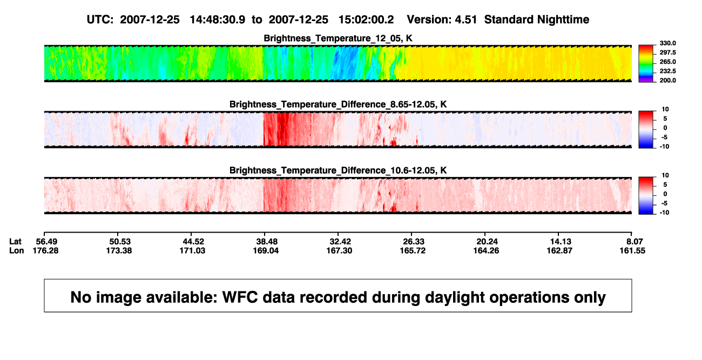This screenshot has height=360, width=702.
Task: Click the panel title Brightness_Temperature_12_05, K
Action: pyautogui.click(x=338, y=38)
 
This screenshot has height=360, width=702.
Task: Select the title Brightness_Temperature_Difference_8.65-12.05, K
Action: pyautogui.click(x=338, y=104)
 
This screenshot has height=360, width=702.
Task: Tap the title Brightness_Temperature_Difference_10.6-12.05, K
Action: pyautogui.click(x=338, y=171)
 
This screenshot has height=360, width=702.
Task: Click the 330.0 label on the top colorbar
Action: pyautogui.click(x=667, y=43)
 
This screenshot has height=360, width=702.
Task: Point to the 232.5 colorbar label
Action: pyautogui.click(x=667, y=71)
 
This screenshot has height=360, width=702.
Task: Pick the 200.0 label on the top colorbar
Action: pyautogui.click(x=667, y=80)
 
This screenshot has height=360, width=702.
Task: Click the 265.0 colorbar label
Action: pyautogui.click(x=667, y=62)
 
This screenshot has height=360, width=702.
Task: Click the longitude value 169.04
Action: pyautogui.click(x=266, y=250)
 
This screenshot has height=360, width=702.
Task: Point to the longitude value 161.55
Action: pyautogui.click(x=632, y=250)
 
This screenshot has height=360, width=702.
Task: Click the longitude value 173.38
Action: pyautogui.click(x=119, y=250)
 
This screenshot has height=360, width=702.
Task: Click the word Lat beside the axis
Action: pyautogui.click(x=15, y=242)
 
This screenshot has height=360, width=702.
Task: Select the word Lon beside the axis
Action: pyautogui.click(x=16, y=250)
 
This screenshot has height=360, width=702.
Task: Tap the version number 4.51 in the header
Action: pyautogui.click(x=465, y=19)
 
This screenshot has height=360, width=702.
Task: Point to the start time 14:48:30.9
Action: pyautogui.click(x=218, y=19)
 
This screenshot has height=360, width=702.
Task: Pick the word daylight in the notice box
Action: pyautogui.click(x=454, y=298)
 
